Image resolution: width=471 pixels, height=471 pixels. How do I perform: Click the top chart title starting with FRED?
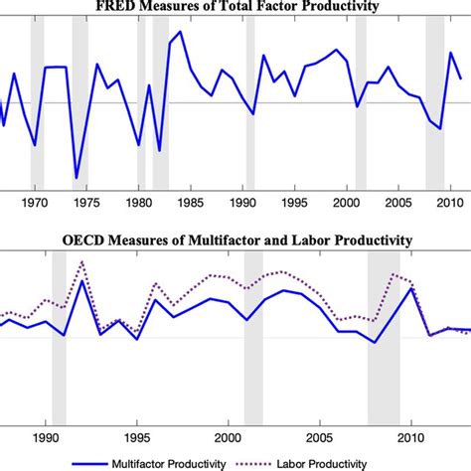pos(235,9)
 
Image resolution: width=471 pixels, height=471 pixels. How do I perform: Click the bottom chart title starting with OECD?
pos(235,239)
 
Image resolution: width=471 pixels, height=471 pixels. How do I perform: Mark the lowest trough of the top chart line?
pos(76,178)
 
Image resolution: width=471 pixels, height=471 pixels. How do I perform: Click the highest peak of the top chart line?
pos(180,32)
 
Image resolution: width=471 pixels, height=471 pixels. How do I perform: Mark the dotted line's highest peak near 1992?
pos(81,261)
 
